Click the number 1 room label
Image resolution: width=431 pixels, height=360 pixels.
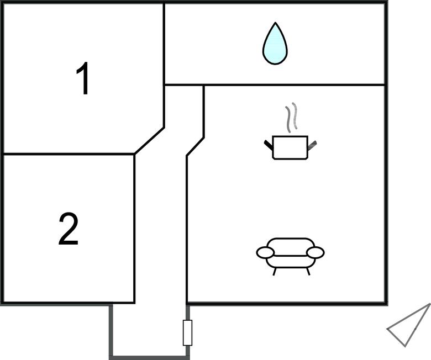pyautogui.click(x=83, y=78)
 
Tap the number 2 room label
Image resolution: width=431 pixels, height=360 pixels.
pyautogui.click(x=69, y=229)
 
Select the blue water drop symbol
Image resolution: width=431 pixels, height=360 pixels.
pyautogui.click(x=275, y=44)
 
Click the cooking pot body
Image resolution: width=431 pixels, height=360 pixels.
pyautogui.click(x=290, y=147)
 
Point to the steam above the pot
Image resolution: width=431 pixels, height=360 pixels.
pyautogui.click(x=291, y=117)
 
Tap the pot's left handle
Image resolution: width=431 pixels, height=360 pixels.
pyautogui.click(x=269, y=145)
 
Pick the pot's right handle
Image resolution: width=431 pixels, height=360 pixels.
pyautogui.click(x=312, y=146)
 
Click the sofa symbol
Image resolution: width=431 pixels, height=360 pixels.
pyautogui.click(x=290, y=256)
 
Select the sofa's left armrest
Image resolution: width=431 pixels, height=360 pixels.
pyautogui.click(x=266, y=253)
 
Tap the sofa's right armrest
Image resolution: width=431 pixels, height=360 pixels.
pyautogui.click(x=316, y=253)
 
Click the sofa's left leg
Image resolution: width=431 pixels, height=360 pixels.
pyautogui.click(x=274, y=271)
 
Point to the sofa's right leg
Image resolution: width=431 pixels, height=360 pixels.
pyautogui.click(x=308, y=271)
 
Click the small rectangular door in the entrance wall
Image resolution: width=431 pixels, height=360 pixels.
pyautogui.click(x=187, y=332)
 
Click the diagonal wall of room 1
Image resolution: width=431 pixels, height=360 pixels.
pyautogui.click(x=149, y=141)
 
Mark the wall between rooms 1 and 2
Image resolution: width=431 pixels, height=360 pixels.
pyautogui.click(x=69, y=154)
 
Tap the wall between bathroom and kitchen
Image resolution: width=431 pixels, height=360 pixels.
pyautogui.click(x=294, y=85)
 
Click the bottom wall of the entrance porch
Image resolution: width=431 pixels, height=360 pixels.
pyautogui.click(x=150, y=358)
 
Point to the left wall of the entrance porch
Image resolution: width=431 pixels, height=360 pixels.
pyautogui.click(x=111, y=331)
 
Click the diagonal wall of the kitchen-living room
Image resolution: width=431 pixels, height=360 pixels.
pyautogui.click(x=195, y=147)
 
